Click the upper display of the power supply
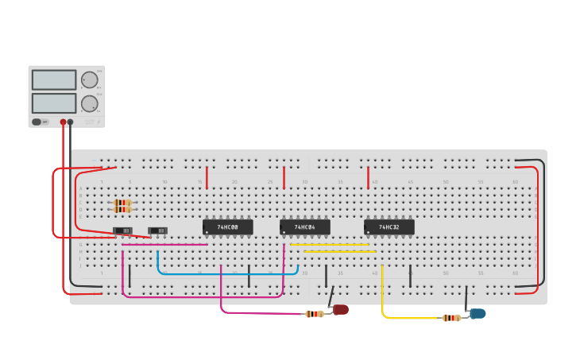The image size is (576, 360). click(54, 79)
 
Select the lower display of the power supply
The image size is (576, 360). click(54, 103)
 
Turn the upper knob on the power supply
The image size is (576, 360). click(89, 79)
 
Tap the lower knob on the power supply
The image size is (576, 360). click(89, 104)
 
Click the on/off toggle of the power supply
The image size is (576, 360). click(37, 122)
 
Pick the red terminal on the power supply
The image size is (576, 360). click(64, 122)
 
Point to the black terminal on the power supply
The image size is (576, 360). click(71, 122)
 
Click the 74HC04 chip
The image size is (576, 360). click(305, 227)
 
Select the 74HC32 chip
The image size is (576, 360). click(389, 227)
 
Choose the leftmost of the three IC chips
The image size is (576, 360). click(228, 227)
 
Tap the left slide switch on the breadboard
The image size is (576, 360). click(122, 231)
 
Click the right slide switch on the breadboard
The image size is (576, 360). click(158, 231)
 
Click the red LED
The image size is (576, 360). click(341, 309)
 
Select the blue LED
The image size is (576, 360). click(477, 314)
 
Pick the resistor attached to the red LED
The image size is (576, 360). click(315, 314)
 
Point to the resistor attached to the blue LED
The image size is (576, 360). click(451, 318)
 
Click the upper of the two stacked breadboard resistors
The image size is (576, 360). click(122, 203)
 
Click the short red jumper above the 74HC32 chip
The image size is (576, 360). click(368, 178)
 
